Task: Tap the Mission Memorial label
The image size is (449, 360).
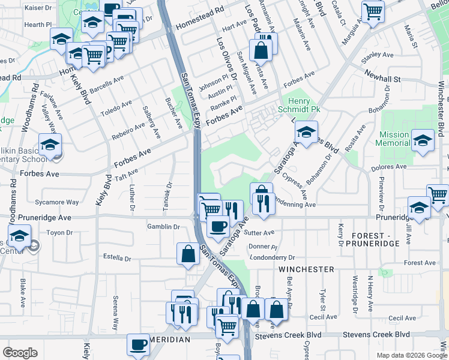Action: point(394,139)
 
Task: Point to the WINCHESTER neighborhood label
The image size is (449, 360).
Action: point(306,270)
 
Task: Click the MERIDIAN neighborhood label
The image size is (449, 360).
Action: point(170,340)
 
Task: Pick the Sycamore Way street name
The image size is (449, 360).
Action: point(57,202)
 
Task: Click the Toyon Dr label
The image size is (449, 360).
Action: point(59,232)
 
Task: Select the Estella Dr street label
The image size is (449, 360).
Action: point(117,259)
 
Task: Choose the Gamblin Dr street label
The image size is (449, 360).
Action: point(164,227)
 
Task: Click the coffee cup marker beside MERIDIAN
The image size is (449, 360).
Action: point(138,344)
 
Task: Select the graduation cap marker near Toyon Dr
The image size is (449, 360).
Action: point(20,235)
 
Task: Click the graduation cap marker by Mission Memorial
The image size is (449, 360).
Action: point(423,141)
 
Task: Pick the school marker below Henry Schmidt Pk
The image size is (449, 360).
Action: point(306,132)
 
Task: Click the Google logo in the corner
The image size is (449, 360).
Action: point(20,353)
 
